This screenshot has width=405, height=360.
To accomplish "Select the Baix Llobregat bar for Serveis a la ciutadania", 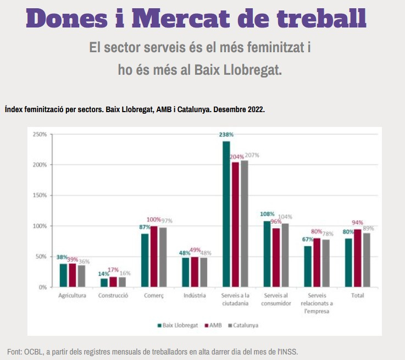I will [x=226, y=214].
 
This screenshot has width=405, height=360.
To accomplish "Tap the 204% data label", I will [x=236, y=157].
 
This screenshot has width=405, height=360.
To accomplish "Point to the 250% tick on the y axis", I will [x=40, y=134].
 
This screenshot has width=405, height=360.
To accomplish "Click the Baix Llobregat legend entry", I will [x=177, y=325].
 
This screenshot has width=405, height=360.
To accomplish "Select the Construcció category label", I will [x=113, y=296].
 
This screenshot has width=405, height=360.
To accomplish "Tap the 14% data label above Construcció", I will [x=103, y=274].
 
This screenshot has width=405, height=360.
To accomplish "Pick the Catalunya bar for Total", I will [x=367, y=260].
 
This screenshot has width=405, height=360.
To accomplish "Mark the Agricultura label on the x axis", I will [x=72, y=296].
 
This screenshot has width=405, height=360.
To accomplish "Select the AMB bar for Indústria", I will [x=195, y=272].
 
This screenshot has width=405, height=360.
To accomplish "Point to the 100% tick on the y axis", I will [x=40, y=226].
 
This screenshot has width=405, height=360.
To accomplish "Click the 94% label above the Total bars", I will [x=358, y=223].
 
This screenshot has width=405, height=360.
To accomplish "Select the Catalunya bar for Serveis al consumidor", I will [x=285, y=255].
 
